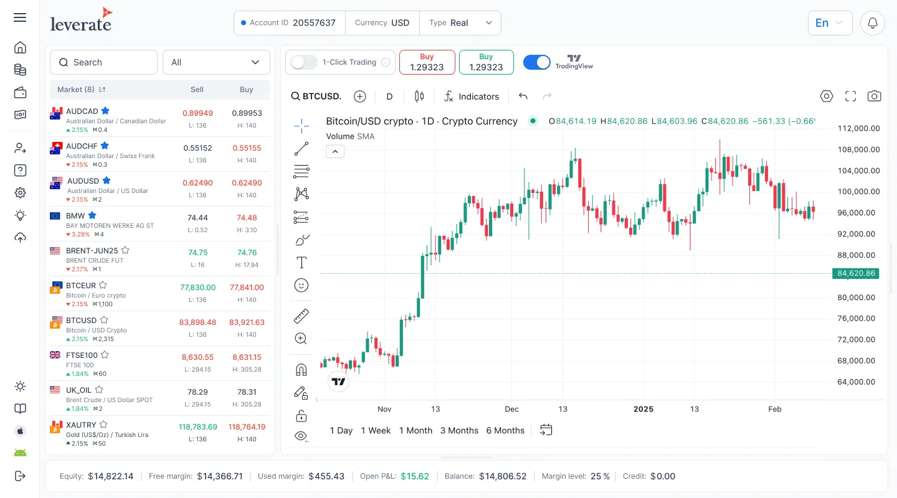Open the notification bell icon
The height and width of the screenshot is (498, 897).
pyautogui.click(x=873, y=23)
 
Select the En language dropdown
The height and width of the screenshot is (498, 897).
pyautogui.click(x=829, y=23)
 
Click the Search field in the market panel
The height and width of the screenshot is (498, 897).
pyautogui.click(x=103, y=62)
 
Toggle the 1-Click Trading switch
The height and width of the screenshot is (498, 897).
pyautogui.click(x=304, y=62)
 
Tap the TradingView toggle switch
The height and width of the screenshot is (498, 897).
pyautogui.click(x=536, y=62)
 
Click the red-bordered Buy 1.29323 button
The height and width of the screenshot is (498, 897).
pyautogui.click(x=427, y=62)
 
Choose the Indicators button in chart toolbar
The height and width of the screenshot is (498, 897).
pyautogui.click(x=472, y=96)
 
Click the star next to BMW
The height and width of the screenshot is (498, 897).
pyautogui.click(x=92, y=215)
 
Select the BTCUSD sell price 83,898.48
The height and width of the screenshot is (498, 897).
pyautogui.click(x=197, y=322)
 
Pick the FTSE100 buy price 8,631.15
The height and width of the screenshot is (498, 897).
pyautogui.click(x=247, y=357)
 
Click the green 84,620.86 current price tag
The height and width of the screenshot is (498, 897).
pyautogui.click(x=856, y=273)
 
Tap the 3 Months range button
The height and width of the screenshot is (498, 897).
pyautogui.click(x=459, y=430)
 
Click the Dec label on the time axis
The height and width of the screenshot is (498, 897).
pyautogui.click(x=511, y=409)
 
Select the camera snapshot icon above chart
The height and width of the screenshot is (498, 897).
pyautogui.click(x=875, y=96)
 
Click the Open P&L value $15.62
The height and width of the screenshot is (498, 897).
pyautogui.click(x=414, y=476)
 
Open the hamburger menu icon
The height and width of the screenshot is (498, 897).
pyautogui.click(x=20, y=17)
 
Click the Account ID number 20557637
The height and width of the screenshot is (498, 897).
pyautogui.click(x=314, y=23)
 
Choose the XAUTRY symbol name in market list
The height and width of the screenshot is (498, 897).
pyautogui.click(x=81, y=425)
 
